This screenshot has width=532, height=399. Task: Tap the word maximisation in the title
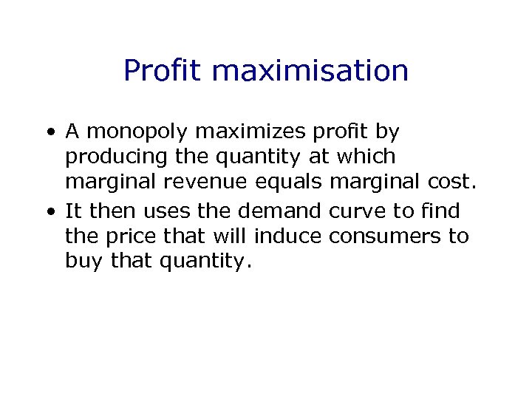(x=310, y=71)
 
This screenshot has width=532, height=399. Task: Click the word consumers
(x=380, y=236)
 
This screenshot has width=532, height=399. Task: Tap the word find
(x=440, y=211)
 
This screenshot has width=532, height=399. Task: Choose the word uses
(x=171, y=211)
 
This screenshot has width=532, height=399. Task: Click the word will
(x=231, y=236)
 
